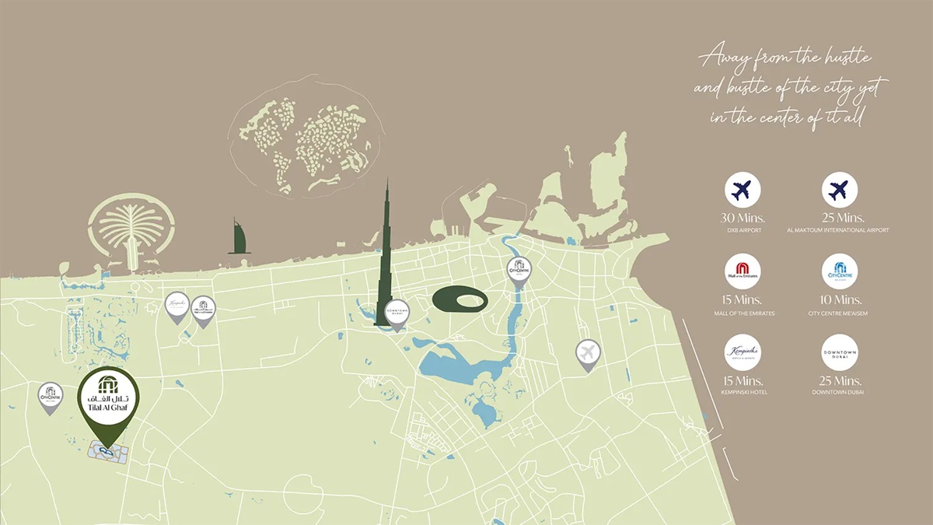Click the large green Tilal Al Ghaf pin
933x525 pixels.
110,397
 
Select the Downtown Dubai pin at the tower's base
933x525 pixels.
397,313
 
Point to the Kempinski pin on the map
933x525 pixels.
177,306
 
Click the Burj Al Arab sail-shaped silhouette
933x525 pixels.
238,236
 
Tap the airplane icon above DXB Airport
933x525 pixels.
743,190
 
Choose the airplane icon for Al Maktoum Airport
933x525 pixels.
840,190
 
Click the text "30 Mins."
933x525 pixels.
743,218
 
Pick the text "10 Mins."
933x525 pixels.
840,299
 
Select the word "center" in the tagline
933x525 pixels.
792,117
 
